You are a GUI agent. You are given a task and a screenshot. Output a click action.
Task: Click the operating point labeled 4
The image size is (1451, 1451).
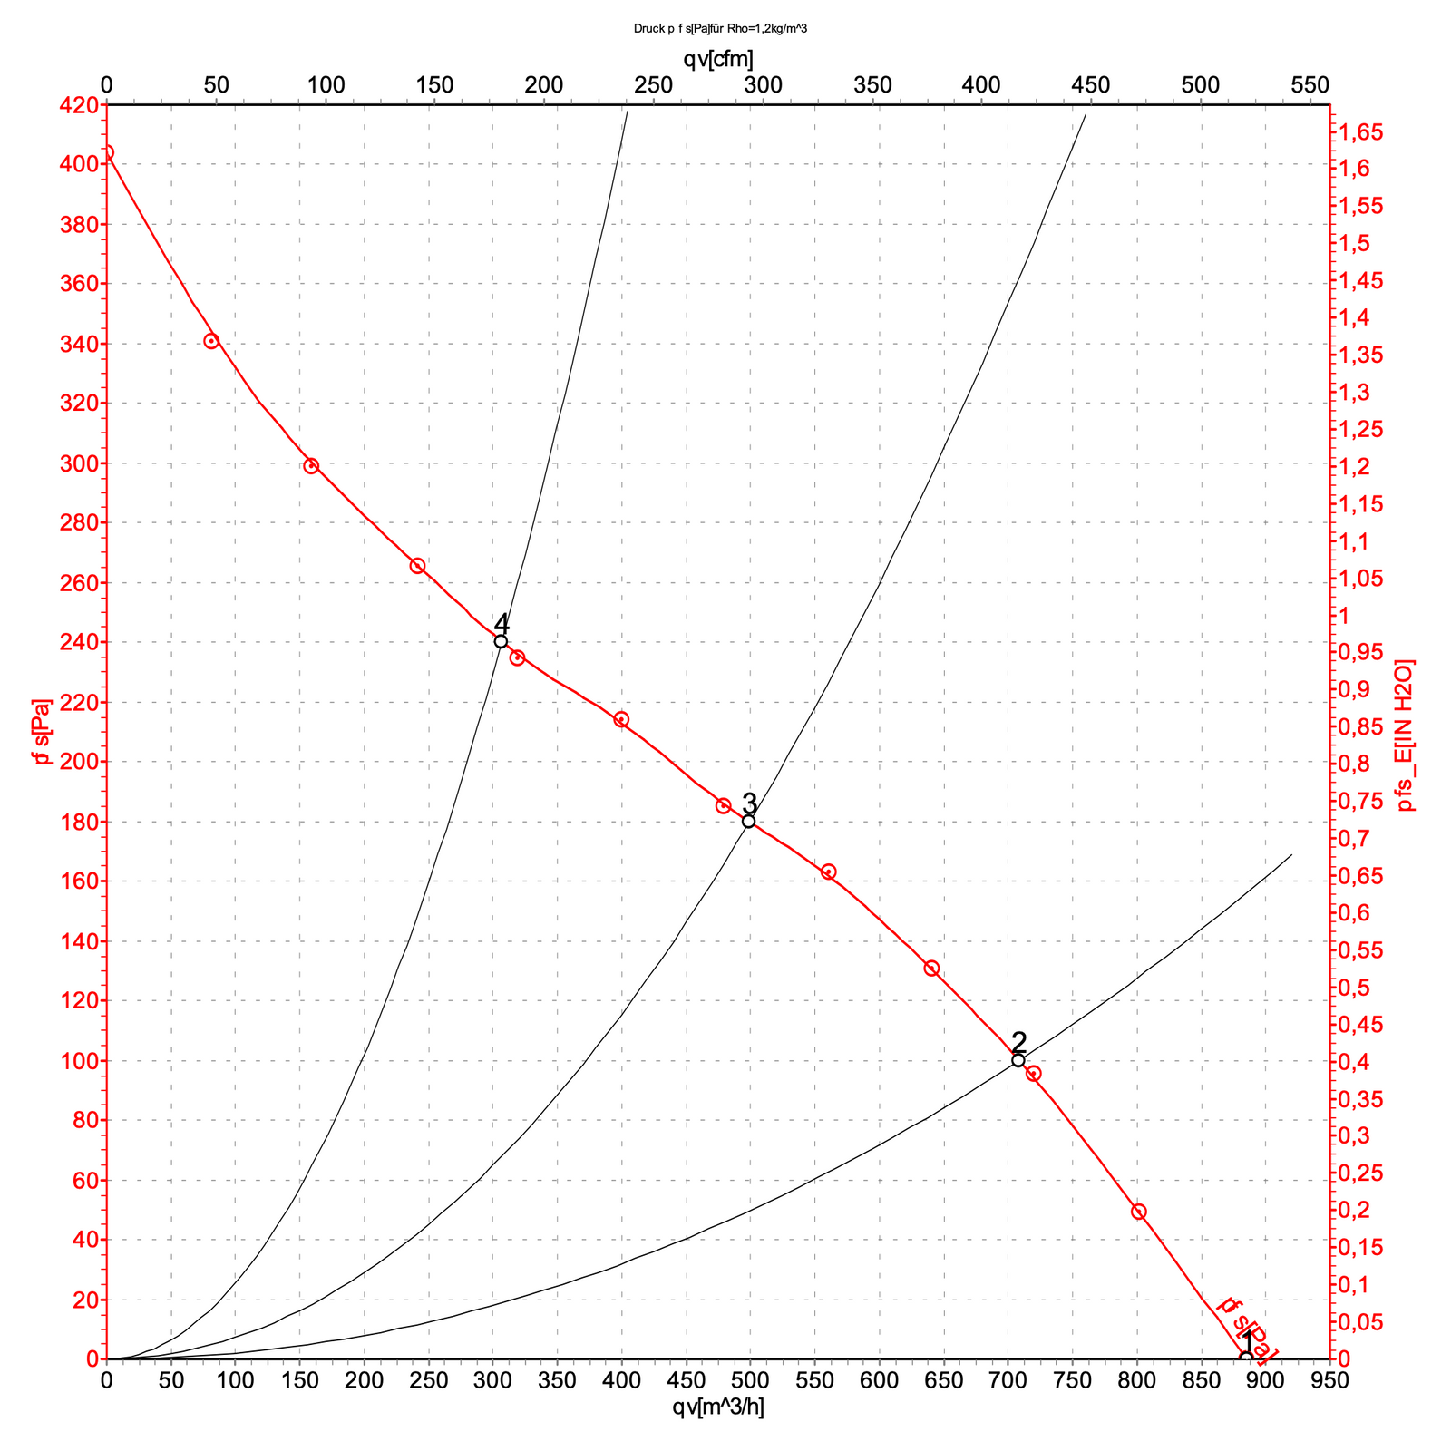[x=501, y=641]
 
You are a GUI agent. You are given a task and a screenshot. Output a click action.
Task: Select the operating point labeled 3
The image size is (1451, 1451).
[x=749, y=822]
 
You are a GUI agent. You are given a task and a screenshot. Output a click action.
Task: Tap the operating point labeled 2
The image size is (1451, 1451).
[x=1018, y=1060]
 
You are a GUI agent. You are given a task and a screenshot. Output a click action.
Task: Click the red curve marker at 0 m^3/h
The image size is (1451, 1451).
[x=107, y=152]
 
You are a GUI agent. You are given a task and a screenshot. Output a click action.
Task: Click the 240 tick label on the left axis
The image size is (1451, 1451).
[x=78, y=642]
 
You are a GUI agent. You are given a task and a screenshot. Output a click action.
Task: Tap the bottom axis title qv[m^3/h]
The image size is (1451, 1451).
[x=718, y=1408]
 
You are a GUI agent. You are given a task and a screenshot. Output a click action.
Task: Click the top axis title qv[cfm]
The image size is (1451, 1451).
[x=718, y=59]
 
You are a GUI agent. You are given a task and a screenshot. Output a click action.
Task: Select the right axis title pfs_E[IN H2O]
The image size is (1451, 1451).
[x=1407, y=735]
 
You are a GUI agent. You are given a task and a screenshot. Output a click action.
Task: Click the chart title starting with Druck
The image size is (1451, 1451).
[x=721, y=29]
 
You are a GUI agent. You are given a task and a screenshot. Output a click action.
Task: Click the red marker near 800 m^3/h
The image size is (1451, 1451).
[x=1139, y=1212]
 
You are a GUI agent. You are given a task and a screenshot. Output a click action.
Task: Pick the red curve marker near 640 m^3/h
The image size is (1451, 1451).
[x=931, y=969]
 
